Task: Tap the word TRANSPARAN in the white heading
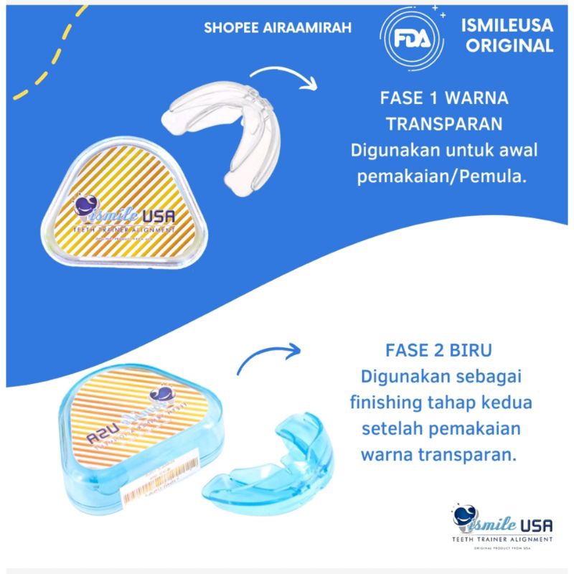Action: [x=452, y=124]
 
